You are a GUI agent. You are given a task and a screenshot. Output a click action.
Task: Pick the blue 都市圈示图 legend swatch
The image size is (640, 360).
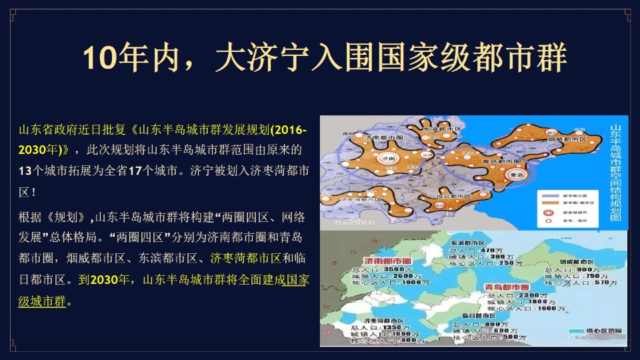[x=549, y=195]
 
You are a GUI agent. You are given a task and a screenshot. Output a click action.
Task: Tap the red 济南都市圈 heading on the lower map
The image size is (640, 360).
[x=387, y=259]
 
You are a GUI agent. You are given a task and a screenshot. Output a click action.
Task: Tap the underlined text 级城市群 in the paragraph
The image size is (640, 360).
[x=42, y=301]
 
